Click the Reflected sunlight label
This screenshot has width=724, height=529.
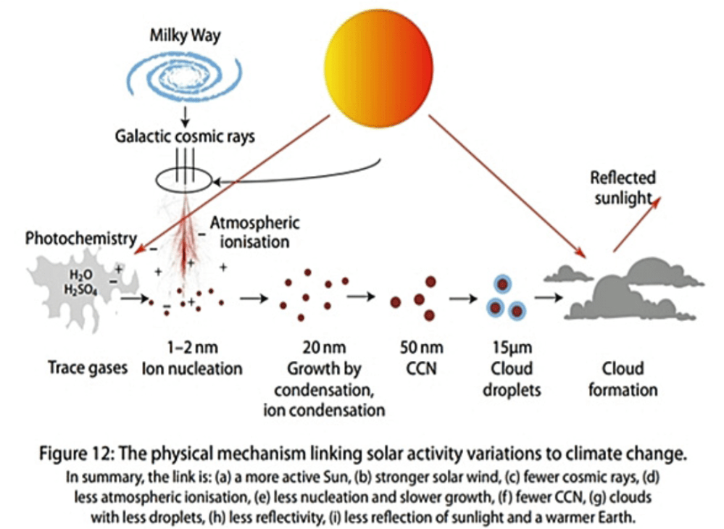623,188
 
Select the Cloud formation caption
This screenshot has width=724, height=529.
623,379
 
